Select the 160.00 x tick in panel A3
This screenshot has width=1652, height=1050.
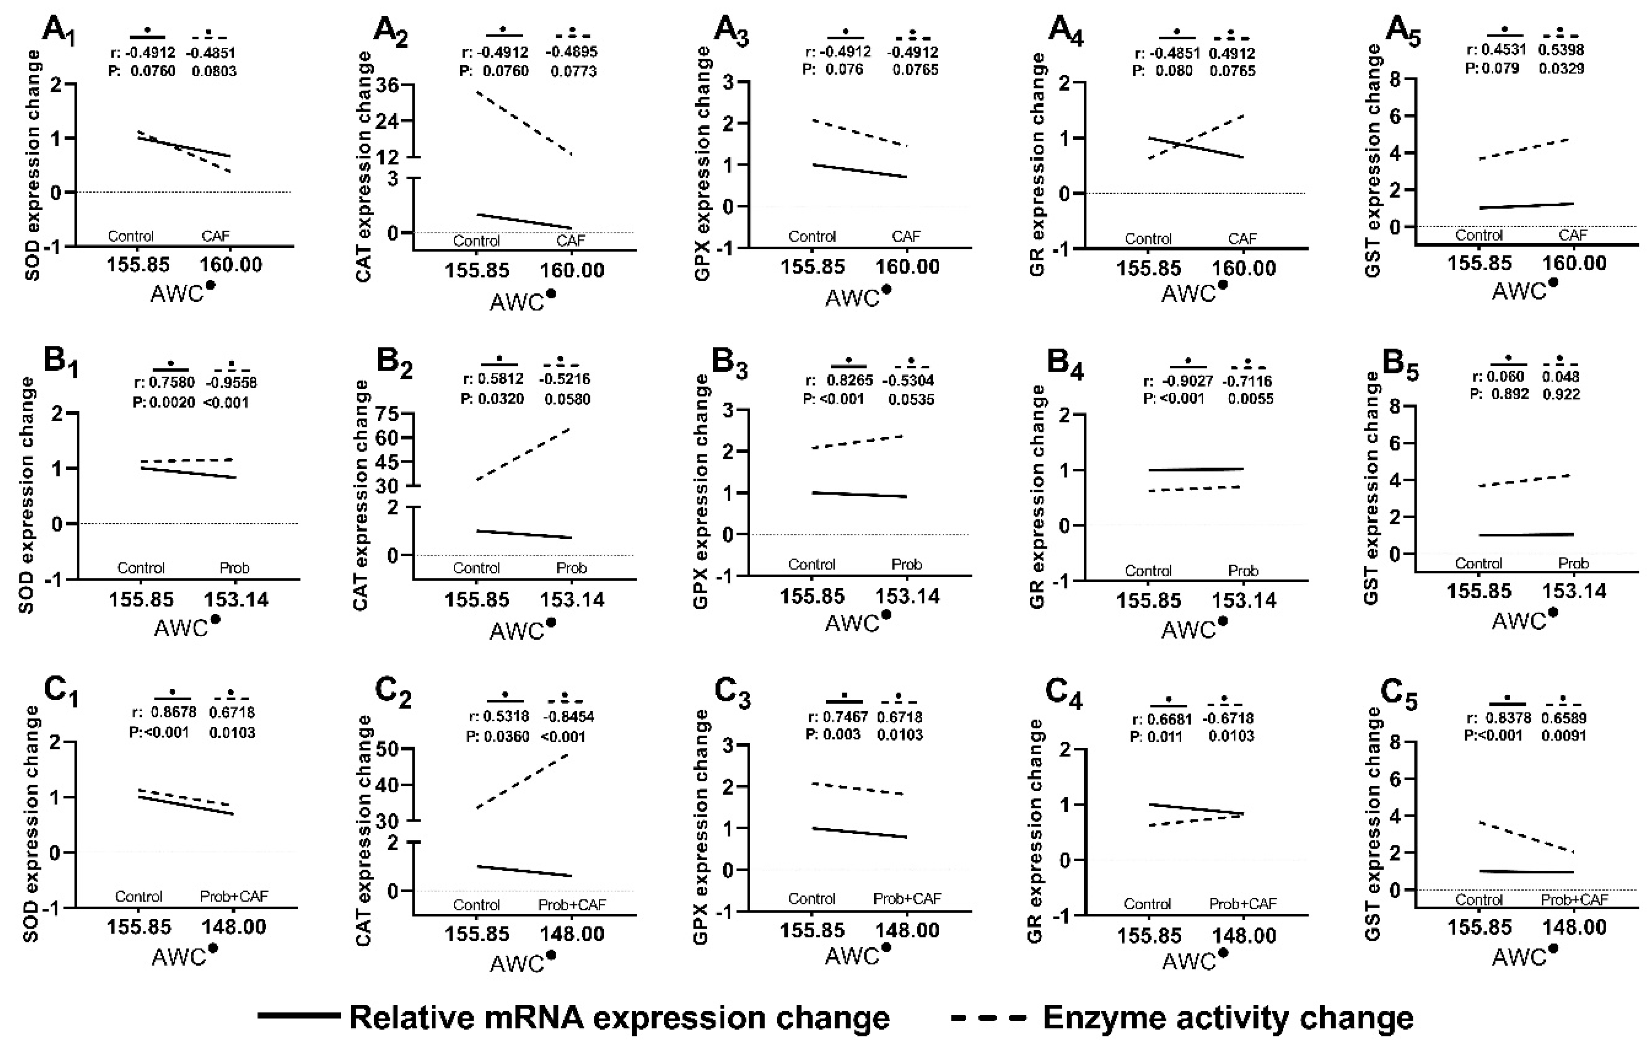[x=908, y=266]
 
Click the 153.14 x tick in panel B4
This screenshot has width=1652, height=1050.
[x=1244, y=600]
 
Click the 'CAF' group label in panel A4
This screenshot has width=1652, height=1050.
[x=1242, y=239]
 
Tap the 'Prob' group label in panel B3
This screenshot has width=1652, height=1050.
[x=906, y=564]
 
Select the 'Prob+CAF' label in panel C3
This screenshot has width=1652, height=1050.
[x=907, y=898]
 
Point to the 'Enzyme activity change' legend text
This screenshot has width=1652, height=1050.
[x=1228, y=1017]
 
